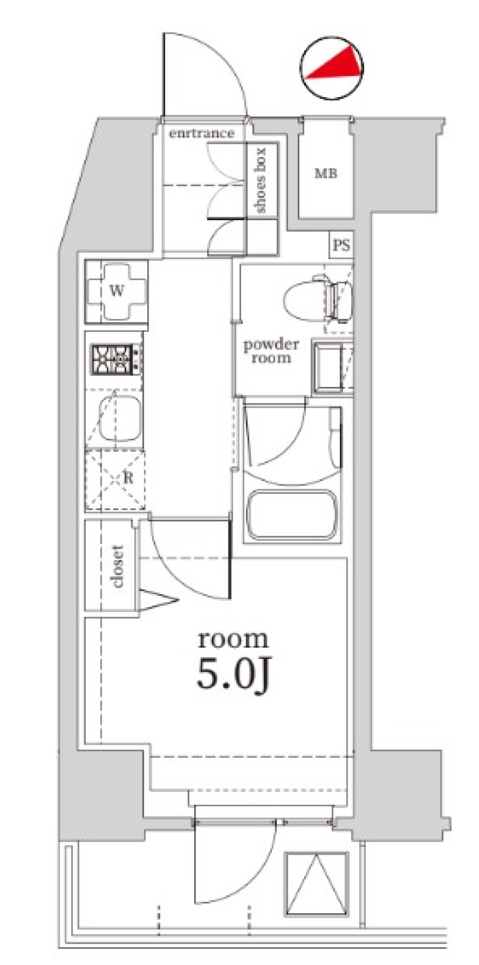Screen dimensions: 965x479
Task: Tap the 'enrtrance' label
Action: pos(201,133)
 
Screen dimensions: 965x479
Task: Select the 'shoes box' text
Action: pos(260,180)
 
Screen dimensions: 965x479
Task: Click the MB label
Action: pos(325,173)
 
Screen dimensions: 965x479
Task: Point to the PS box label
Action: pos(341,245)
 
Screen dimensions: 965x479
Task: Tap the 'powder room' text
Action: pos(271,351)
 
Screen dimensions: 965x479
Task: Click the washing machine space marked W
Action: pos(117,291)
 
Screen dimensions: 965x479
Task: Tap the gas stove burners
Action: pos(114,359)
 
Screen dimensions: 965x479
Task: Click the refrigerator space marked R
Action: pos(116,478)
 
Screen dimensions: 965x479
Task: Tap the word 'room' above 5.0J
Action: pos(233,640)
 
